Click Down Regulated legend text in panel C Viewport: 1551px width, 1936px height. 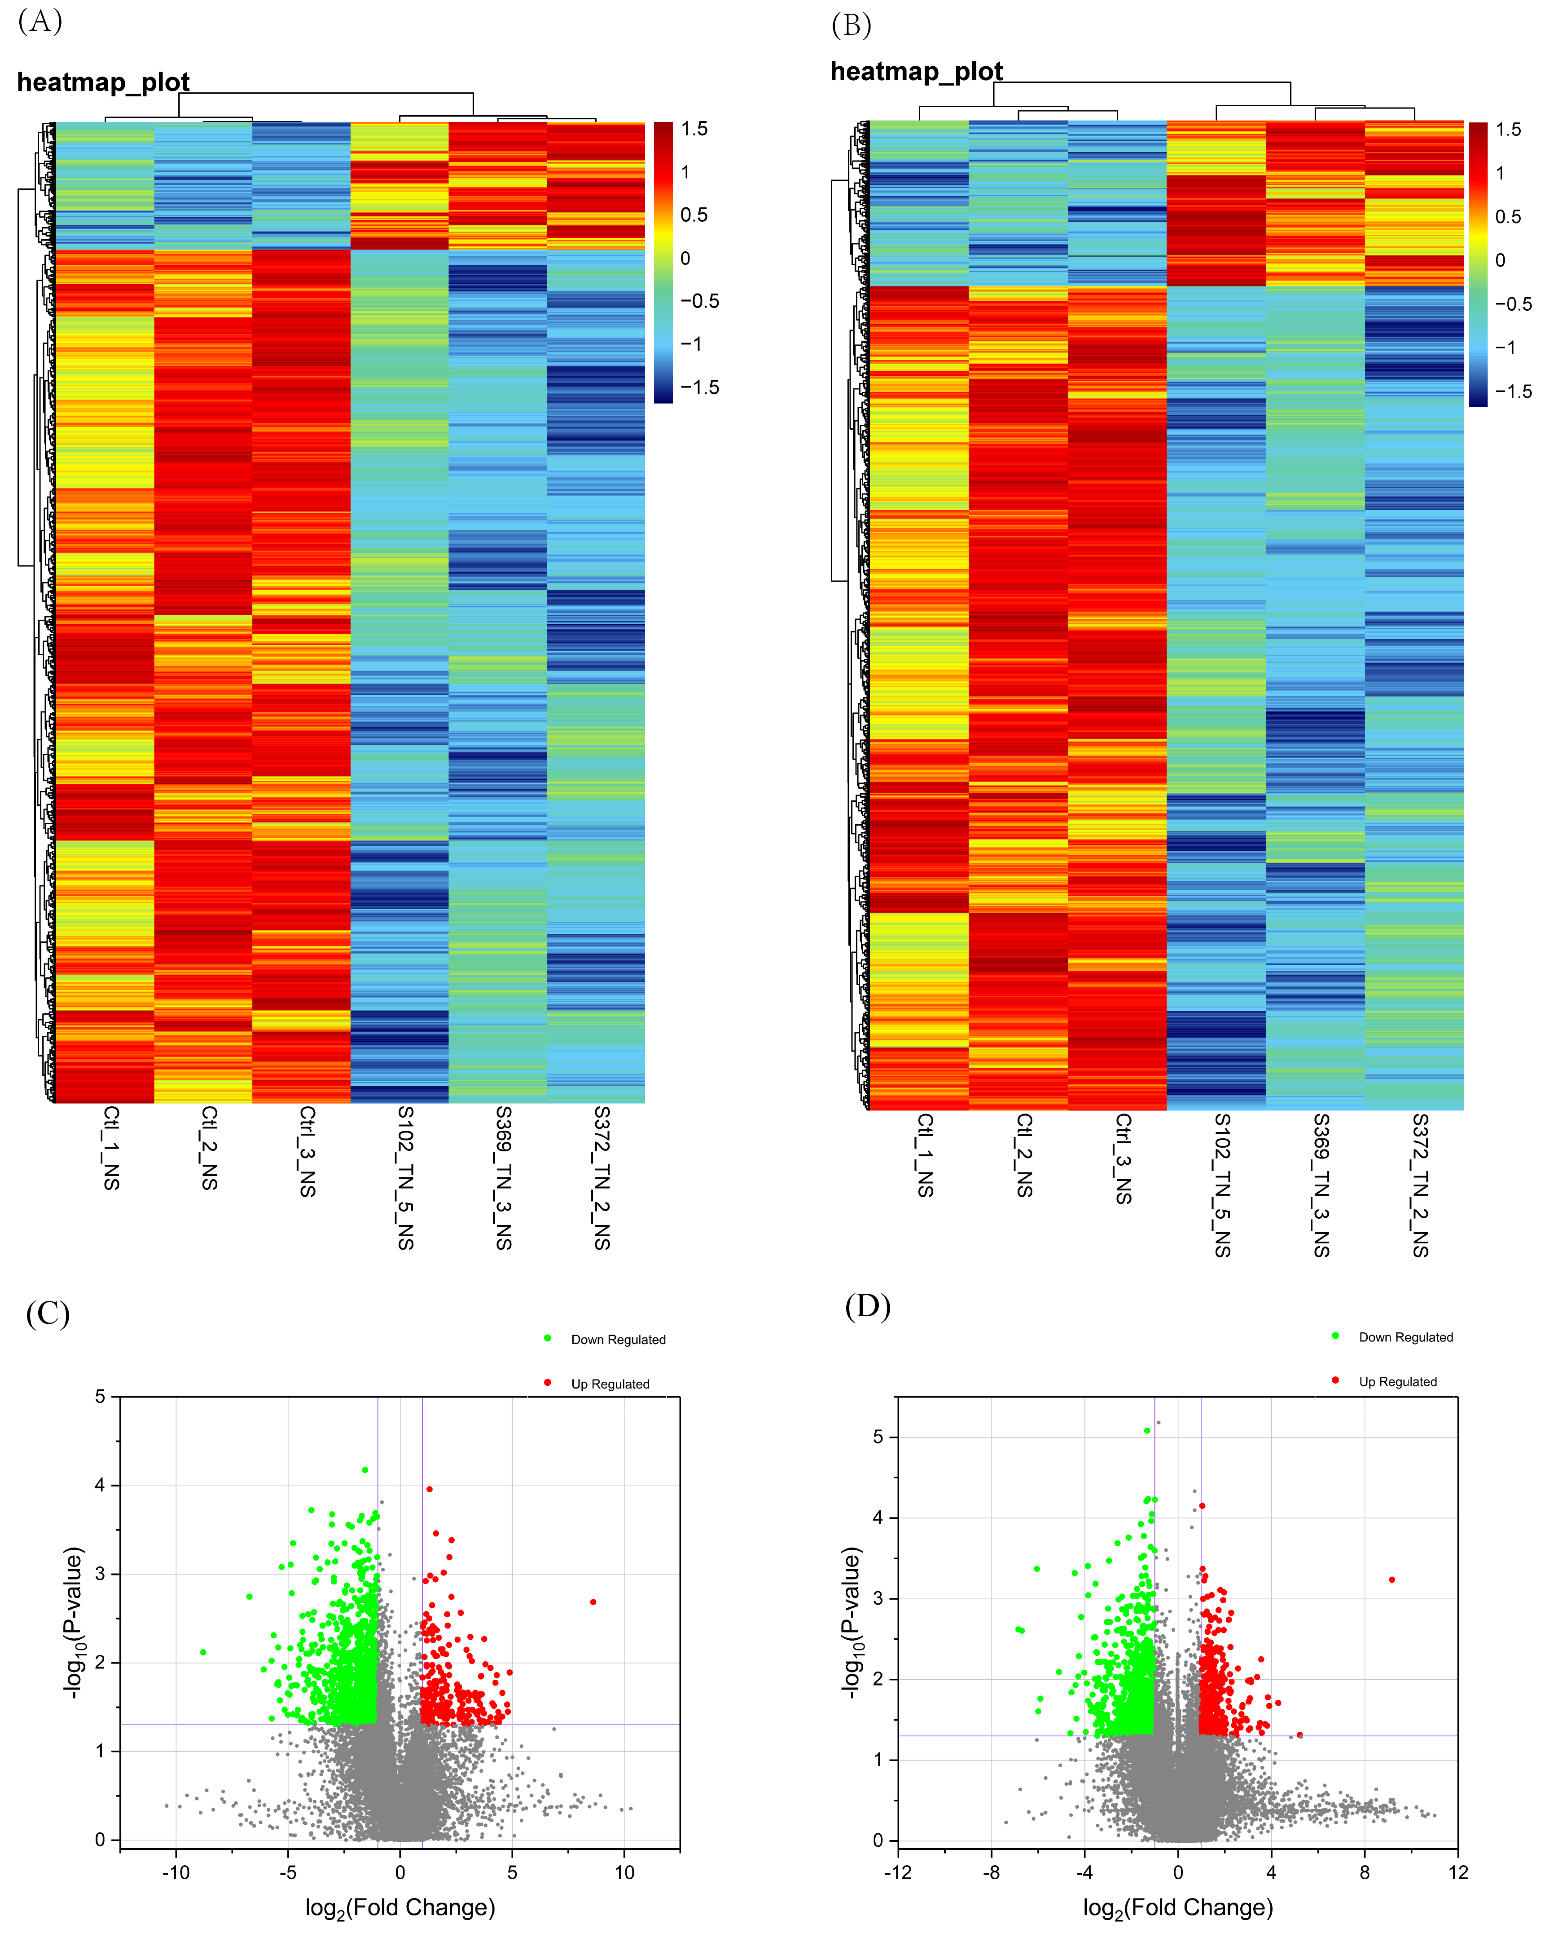pos(618,1340)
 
